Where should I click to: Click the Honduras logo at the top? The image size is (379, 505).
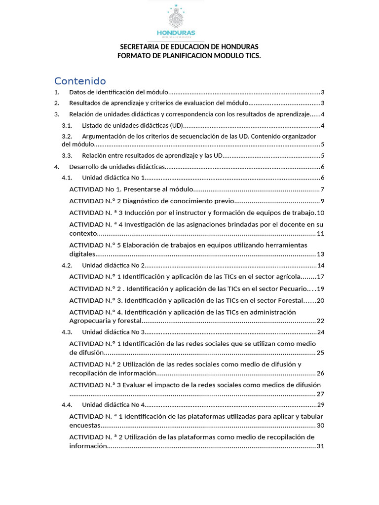(x=175, y=21)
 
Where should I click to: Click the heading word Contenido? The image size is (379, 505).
(x=80, y=81)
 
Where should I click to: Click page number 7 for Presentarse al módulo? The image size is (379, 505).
(x=322, y=189)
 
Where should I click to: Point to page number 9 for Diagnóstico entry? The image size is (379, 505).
(x=322, y=201)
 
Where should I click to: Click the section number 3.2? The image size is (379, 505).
(x=67, y=136)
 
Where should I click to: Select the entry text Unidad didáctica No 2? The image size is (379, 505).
(x=113, y=265)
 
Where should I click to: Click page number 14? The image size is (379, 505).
(x=320, y=265)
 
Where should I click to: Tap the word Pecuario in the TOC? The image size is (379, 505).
(x=292, y=289)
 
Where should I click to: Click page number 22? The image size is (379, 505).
(x=320, y=321)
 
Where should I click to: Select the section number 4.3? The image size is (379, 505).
(x=67, y=332)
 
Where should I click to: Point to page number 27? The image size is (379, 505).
(x=320, y=394)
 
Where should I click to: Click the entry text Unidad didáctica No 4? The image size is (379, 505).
(x=113, y=405)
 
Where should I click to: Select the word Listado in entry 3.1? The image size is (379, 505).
(x=93, y=125)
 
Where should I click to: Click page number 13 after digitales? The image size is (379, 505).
(x=320, y=254)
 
